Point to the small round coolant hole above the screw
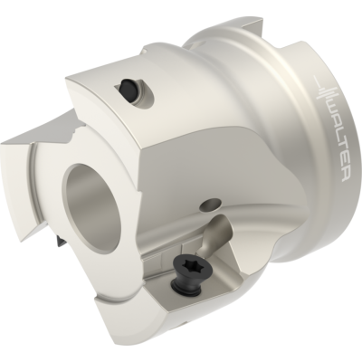coord(211,205)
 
